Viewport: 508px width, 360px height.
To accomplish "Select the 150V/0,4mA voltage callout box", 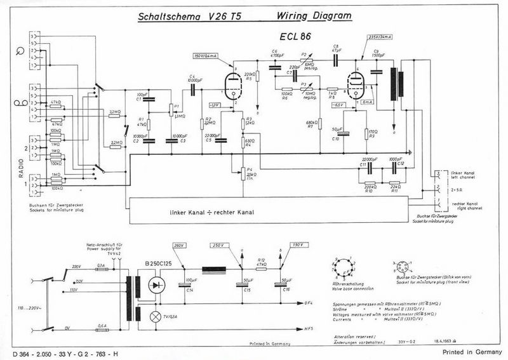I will pos(205,57).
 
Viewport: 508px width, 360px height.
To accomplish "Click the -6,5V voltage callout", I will pos(338,104).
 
